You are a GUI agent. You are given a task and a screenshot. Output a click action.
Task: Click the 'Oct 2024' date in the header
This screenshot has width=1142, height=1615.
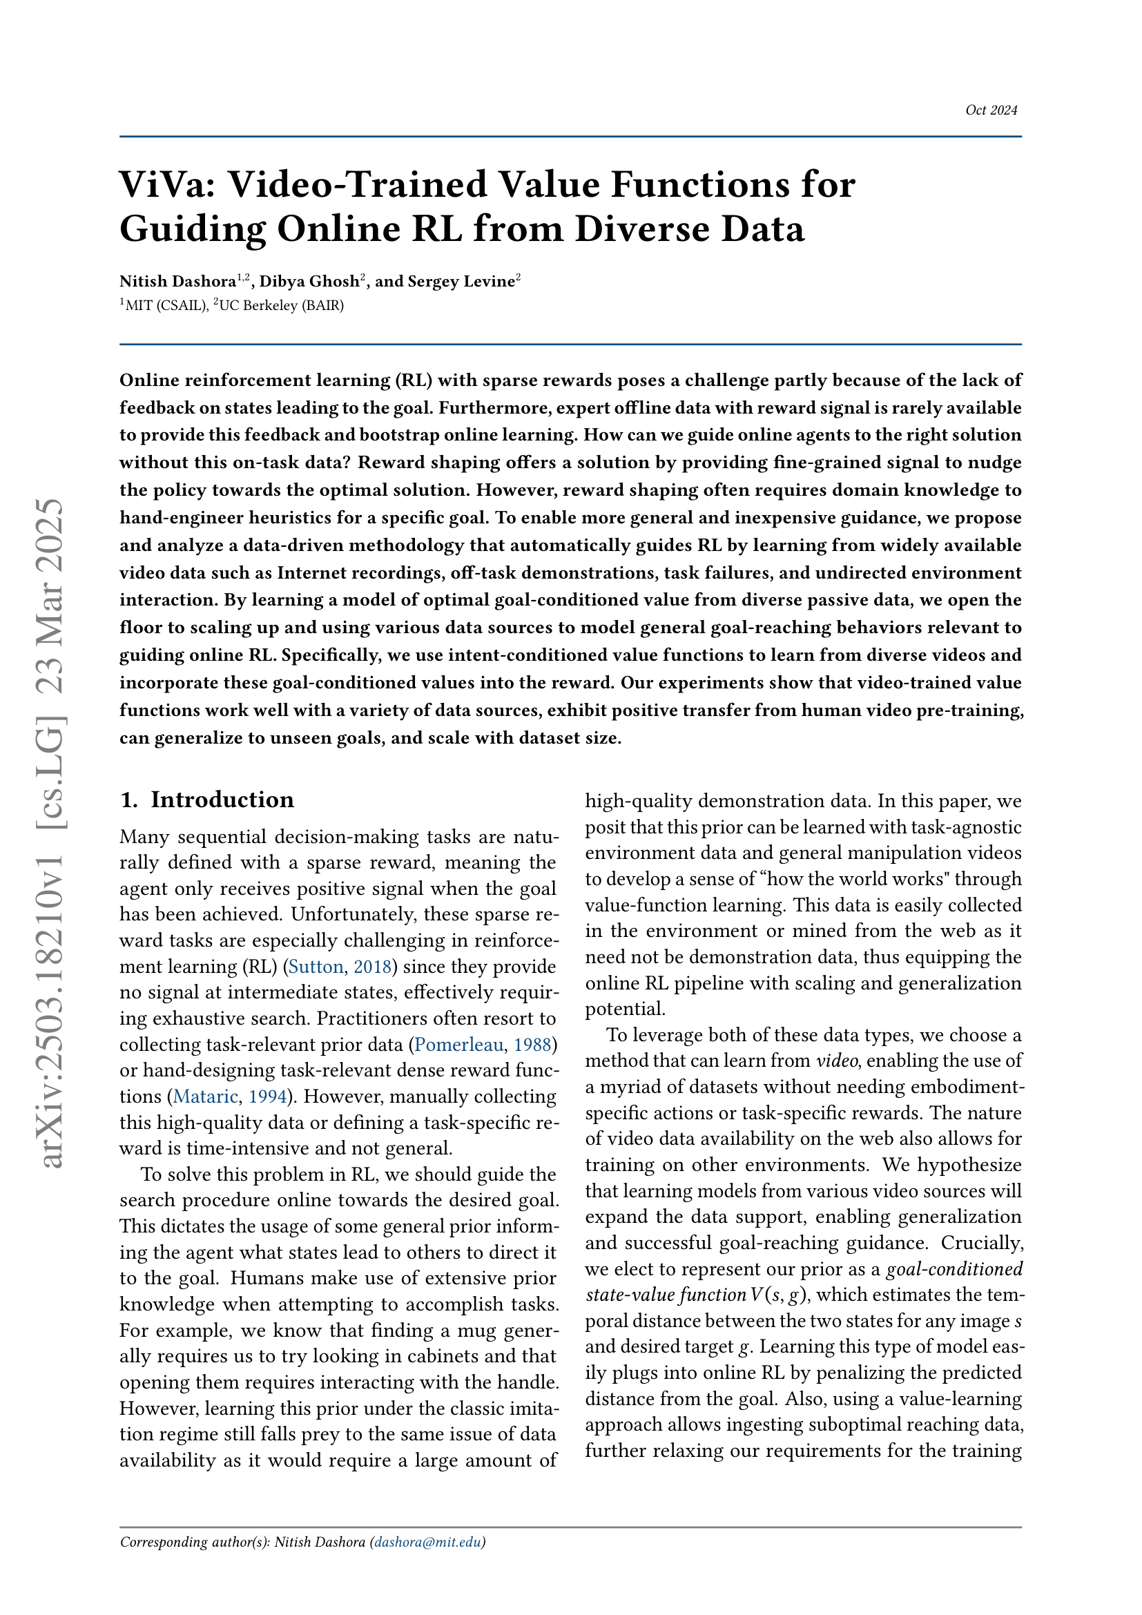(991, 110)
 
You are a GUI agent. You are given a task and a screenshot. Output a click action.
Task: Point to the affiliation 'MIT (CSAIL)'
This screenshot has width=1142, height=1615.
(165, 305)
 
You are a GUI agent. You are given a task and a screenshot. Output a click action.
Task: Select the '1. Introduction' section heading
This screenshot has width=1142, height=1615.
(206, 800)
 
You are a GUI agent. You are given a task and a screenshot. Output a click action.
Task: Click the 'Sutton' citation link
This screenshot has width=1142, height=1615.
(316, 967)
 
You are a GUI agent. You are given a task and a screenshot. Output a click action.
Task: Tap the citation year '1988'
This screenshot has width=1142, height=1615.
(532, 1045)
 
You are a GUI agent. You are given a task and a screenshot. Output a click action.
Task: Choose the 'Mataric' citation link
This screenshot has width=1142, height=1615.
(205, 1096)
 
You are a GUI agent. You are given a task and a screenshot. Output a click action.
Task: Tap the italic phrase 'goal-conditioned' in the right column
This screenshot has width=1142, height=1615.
(954, 1269)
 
